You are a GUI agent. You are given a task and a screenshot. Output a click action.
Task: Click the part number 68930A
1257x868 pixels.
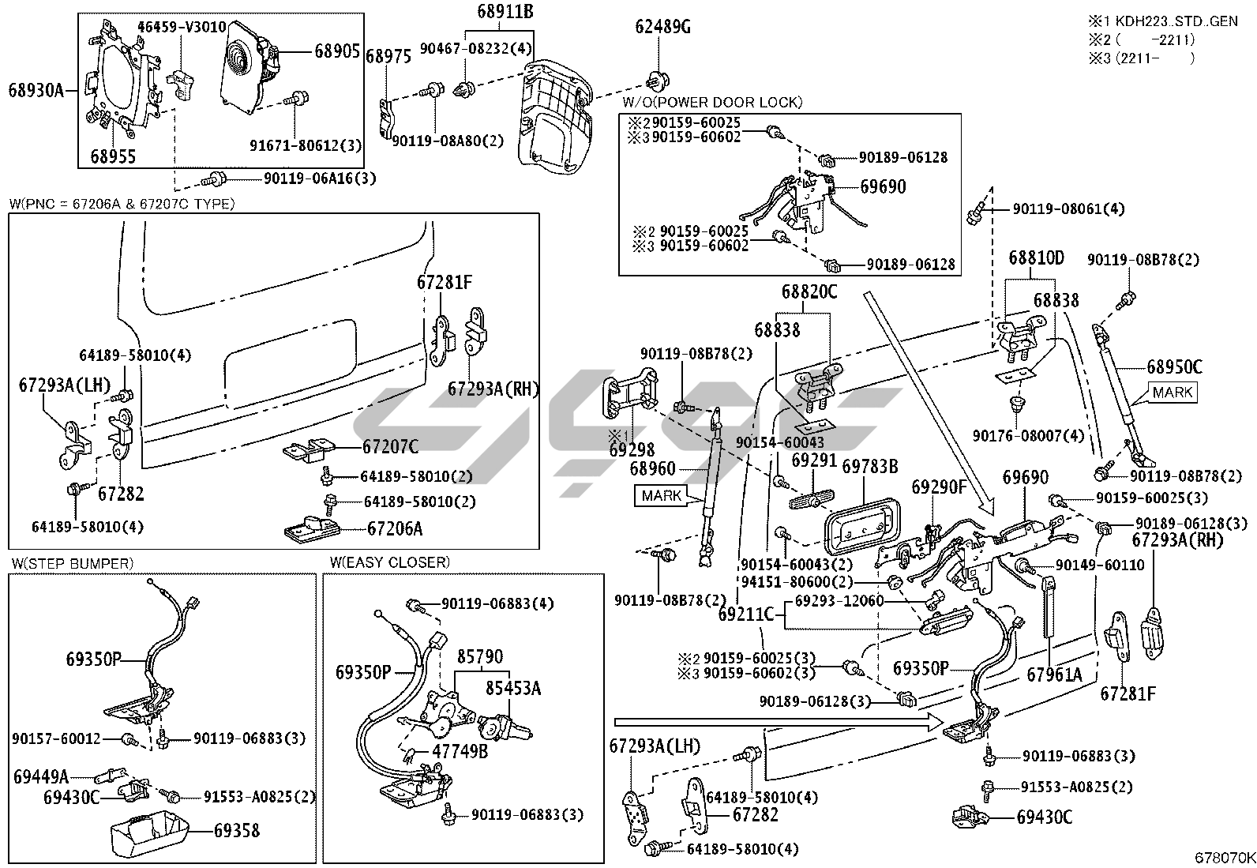[36, 90]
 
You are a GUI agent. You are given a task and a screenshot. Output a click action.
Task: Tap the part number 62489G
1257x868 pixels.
[662, 28]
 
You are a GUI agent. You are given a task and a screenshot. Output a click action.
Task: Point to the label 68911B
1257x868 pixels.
[505, 12]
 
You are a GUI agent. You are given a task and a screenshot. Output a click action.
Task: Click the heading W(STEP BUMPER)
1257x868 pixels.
[72, 563]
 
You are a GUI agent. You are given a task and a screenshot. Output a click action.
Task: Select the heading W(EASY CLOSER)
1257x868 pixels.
[390, 562]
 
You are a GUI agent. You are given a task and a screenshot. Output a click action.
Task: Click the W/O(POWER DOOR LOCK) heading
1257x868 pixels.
[712, 103]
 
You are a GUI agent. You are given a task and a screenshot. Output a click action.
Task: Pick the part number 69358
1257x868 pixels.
[236, 830]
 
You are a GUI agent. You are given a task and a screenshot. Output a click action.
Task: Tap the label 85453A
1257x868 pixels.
[512, 689]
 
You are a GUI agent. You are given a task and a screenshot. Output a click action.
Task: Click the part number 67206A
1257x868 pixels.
[395, 529]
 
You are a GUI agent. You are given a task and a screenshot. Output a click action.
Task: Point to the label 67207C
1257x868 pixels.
[390, 447]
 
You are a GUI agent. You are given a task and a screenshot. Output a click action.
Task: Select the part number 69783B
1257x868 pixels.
[870, 467]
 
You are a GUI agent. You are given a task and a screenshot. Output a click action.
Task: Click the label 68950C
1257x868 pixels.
[1174, 367]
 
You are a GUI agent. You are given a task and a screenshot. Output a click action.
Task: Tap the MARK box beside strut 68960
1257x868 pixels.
[662, 496]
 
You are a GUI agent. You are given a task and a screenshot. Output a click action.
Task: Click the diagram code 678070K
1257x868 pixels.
[1224, 858]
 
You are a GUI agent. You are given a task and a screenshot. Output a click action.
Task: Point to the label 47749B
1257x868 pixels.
[460, 751]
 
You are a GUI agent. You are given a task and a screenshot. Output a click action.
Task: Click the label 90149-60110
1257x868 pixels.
[1088, 566]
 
